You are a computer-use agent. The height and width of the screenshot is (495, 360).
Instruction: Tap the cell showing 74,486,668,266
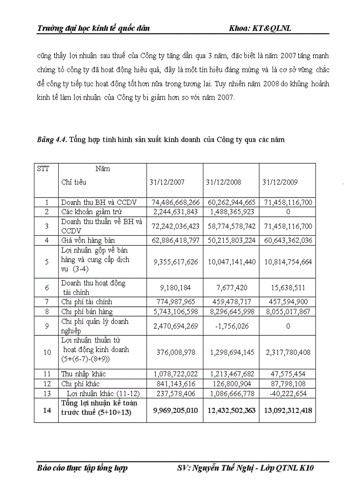click(176, 202)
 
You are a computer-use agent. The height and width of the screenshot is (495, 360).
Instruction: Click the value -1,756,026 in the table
click(232, 326)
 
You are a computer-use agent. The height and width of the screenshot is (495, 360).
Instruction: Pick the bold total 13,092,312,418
click(288, 410)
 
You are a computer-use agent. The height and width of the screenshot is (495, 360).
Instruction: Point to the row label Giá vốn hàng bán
click(86, 241)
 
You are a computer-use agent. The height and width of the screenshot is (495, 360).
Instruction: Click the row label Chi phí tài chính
click(86, 302)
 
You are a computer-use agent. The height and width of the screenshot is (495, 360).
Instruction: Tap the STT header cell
click(43, 169)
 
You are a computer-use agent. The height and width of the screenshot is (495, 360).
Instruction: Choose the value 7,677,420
click(232, 288)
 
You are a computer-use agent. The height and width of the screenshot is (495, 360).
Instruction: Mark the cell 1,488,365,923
click(232, 212)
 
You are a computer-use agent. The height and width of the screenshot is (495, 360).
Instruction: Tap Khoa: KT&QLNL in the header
click(260, 28)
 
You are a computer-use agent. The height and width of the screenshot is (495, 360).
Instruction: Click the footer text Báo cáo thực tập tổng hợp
click(82, 468)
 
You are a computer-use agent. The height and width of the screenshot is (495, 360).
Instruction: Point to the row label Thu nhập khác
click(83, 374)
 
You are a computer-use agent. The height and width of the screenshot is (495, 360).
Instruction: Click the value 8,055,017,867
click(288, 312)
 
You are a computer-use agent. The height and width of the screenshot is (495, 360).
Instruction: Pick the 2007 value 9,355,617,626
click(176, 262)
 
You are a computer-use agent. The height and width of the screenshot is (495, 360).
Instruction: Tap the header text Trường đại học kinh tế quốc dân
click(93, 28)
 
